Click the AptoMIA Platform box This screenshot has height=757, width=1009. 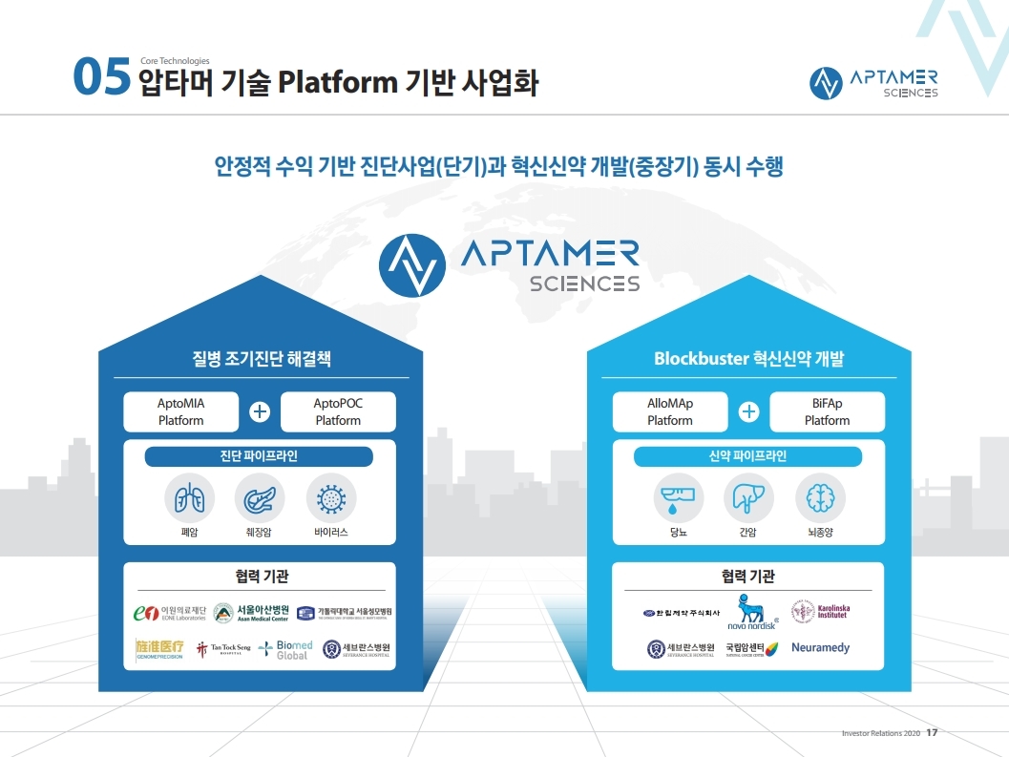pyautogui.click(x=180, y=411)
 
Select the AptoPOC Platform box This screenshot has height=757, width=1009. pyautogui.click(x=338, y=411)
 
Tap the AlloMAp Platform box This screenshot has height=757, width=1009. pyautogui.click(x=670, y=411)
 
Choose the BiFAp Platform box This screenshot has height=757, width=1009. pyautogui.click(x=827, y=411)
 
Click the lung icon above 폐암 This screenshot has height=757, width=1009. pyautogui.click(x=189, y=498)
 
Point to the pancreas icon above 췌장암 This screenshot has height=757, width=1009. pyautogui.click(x=260, y=498)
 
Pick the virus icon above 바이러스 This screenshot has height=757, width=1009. pyautogui.click(x=331, y=498)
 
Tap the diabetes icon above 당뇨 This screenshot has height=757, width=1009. pyautogui.click(x=679, y=498)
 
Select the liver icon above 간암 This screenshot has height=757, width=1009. pyautogui.click(x=748, y=498)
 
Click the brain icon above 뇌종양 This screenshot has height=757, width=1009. pyautogui.click(x=820, y=498)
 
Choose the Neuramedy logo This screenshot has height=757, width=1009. pyautogui.click(x=820, y=648)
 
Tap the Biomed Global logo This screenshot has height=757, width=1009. pyautogui.click(x=285, y=650)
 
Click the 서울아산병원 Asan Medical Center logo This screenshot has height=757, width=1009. pyautogui.click(x=251, y=612)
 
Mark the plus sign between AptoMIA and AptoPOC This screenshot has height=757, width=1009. pyautogui.click(x=260, y=412)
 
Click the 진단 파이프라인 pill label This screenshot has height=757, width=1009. pyautogui.click(x=259, y=456)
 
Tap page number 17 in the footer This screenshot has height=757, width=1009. pyautogui.click(x=932, y=733)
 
